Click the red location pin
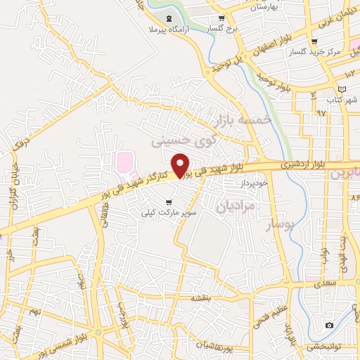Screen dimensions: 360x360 pos(181,165)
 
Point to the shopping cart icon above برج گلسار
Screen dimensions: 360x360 pos(221,19)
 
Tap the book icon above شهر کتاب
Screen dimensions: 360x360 pos(342,89)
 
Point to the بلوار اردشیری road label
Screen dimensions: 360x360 pos(299,163)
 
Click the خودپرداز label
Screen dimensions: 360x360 pos(252,182)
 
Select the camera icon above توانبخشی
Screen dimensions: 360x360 pos(329,325)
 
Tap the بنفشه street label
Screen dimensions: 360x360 pos(201,298)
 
